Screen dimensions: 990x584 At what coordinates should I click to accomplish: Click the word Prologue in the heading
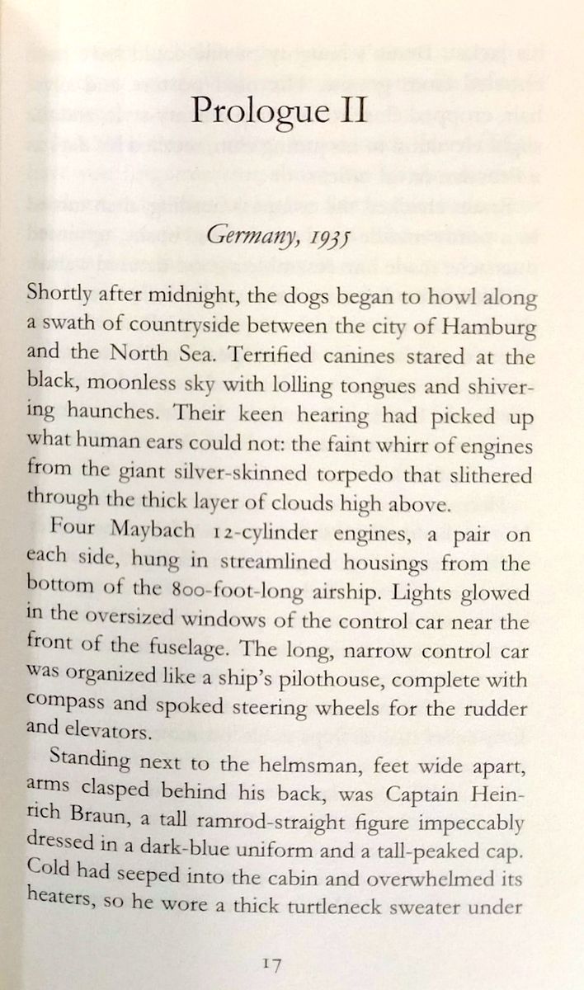pos(253,111)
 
